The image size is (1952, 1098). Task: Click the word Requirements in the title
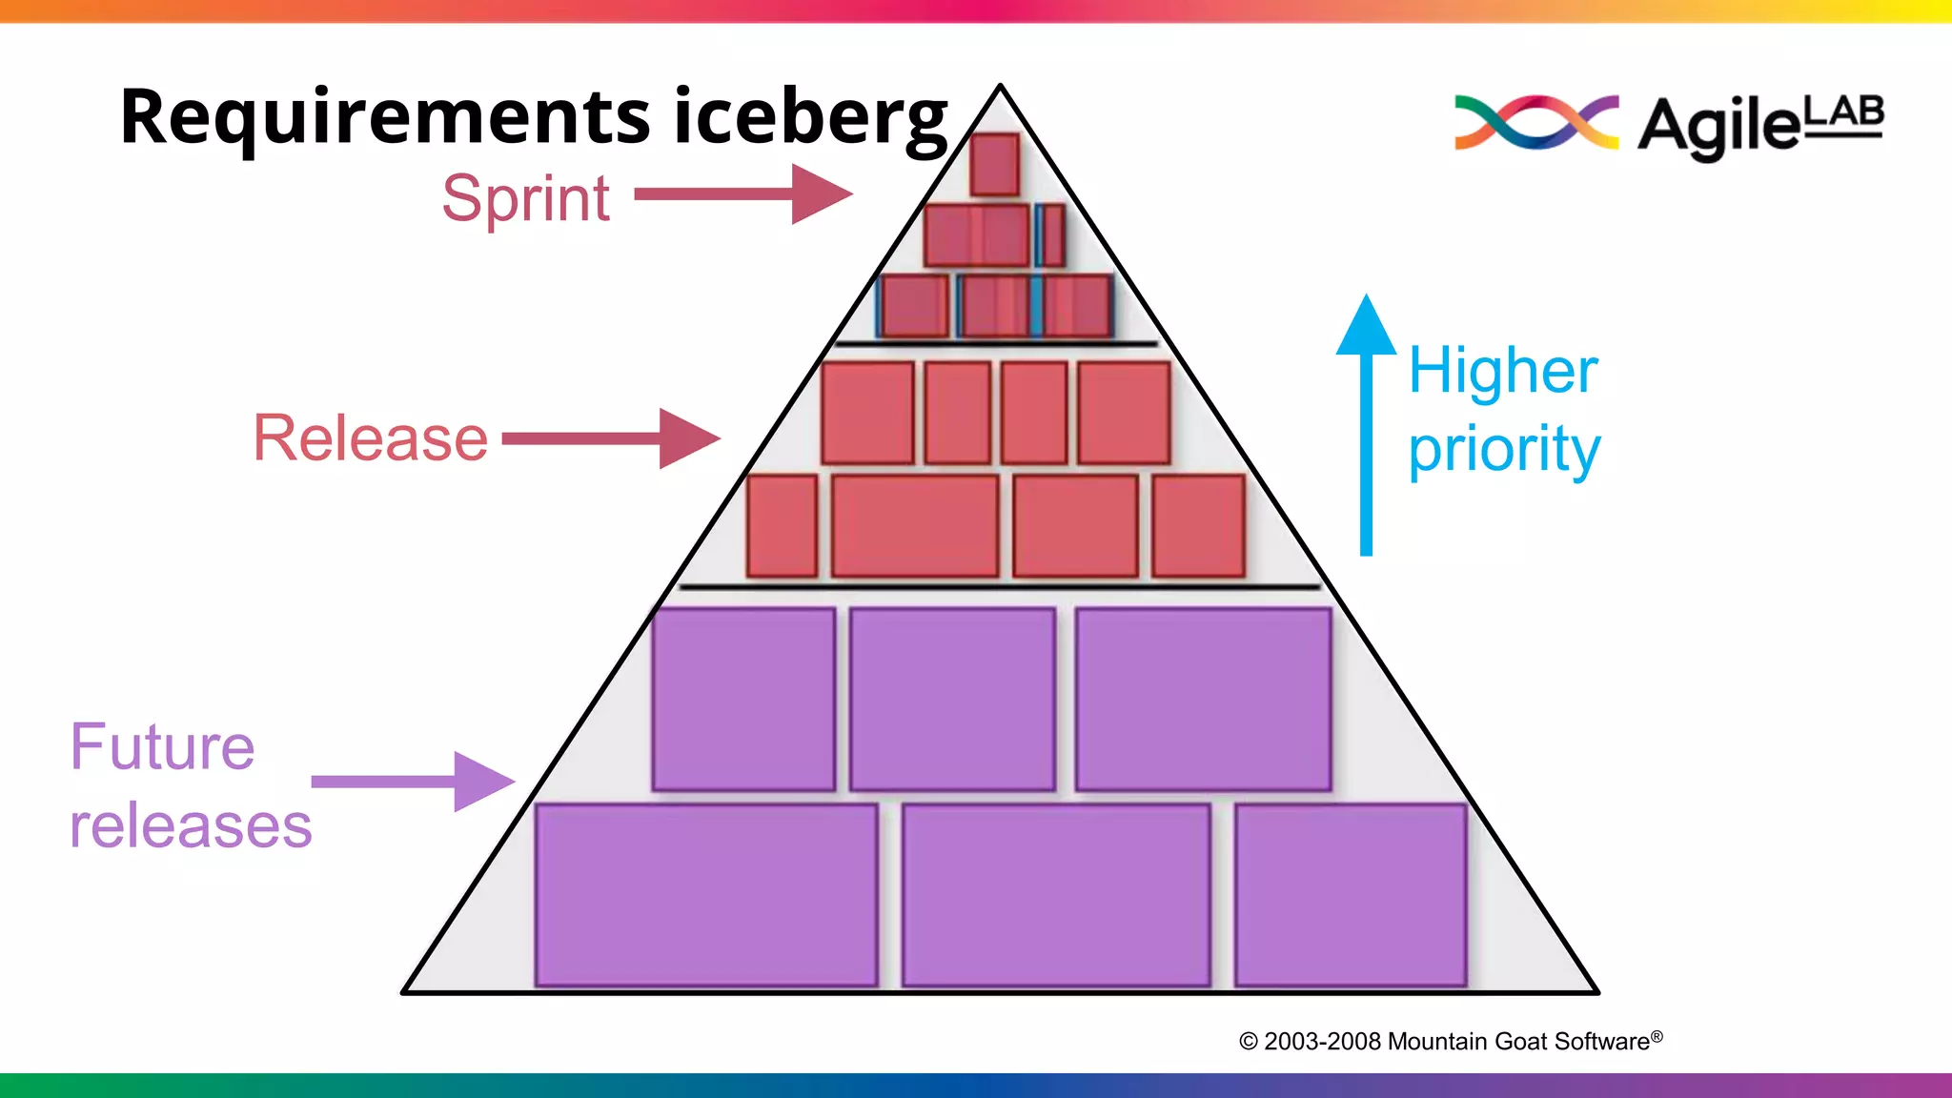point(385,117)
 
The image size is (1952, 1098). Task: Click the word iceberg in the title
point(810,117)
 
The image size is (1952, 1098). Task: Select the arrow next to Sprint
point(742,194)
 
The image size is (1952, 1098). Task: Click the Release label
point(371,438)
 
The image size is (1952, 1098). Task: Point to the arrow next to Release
point(610,438)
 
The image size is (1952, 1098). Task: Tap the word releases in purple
point(191,825)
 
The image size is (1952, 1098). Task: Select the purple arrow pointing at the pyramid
point(413,782)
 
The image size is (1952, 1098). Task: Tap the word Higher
point(1503,371)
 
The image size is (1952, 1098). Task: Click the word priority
point(1504,449)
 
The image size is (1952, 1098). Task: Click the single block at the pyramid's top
point(994,164)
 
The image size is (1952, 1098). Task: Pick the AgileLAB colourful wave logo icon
point(1536,122)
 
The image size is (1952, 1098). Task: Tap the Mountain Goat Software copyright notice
point(1450,1041)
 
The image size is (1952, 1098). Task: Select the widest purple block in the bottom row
point(706,894)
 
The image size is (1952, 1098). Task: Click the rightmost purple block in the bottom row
point(1351,894)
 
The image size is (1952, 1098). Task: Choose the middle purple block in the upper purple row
point(952,699)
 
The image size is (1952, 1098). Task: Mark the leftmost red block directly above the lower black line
point(783,526)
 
